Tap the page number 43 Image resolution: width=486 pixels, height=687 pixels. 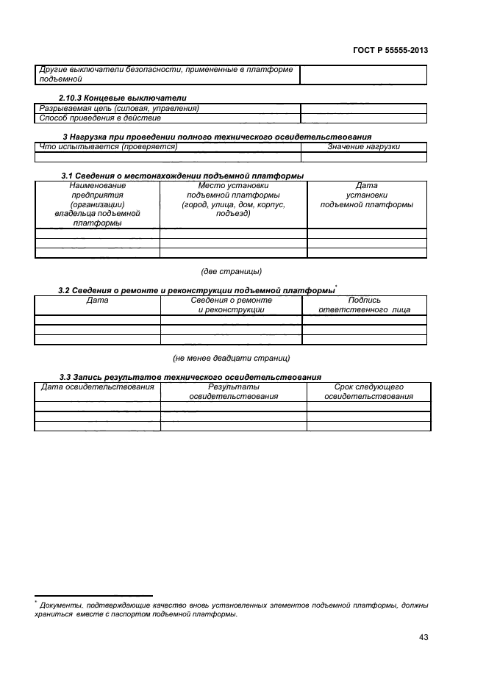pyautogui.click(x=423, y=636)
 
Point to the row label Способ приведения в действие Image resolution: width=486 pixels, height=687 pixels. pyautogui.click(x=100, y=118)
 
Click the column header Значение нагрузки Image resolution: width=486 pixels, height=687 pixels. pyautogui.click(x=363, y=147)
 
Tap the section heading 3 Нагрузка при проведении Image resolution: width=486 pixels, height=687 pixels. pyautogui.click(x=218, y=137)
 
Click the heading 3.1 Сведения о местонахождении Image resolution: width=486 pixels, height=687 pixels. pyautogui.click(x=182, y=175)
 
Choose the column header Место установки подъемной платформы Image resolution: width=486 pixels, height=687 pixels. pyautogui.click(x=232, y=200)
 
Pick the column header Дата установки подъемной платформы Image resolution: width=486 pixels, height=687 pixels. pyautogui.click(x=366, y=195)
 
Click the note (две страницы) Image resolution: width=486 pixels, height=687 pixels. pyautogui.click(x=232, y=272)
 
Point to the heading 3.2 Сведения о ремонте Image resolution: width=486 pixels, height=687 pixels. pyautogui.click(x=196, y=290)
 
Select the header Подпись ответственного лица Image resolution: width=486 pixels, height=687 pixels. pyautogui.click(x=364, y=306)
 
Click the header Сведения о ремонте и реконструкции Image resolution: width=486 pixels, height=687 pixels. pyautogui.click(x=232, y=306)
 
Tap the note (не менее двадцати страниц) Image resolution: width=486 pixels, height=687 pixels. pyautogui.click(x=232, y=358)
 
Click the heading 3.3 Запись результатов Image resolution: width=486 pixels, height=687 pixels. pyautogui.click(x=190, y=376)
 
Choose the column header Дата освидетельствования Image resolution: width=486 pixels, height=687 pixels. pyautogui.click(x=97, y=386)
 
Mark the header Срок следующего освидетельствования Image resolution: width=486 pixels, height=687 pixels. pyautogui.click(x=368, y=391)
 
